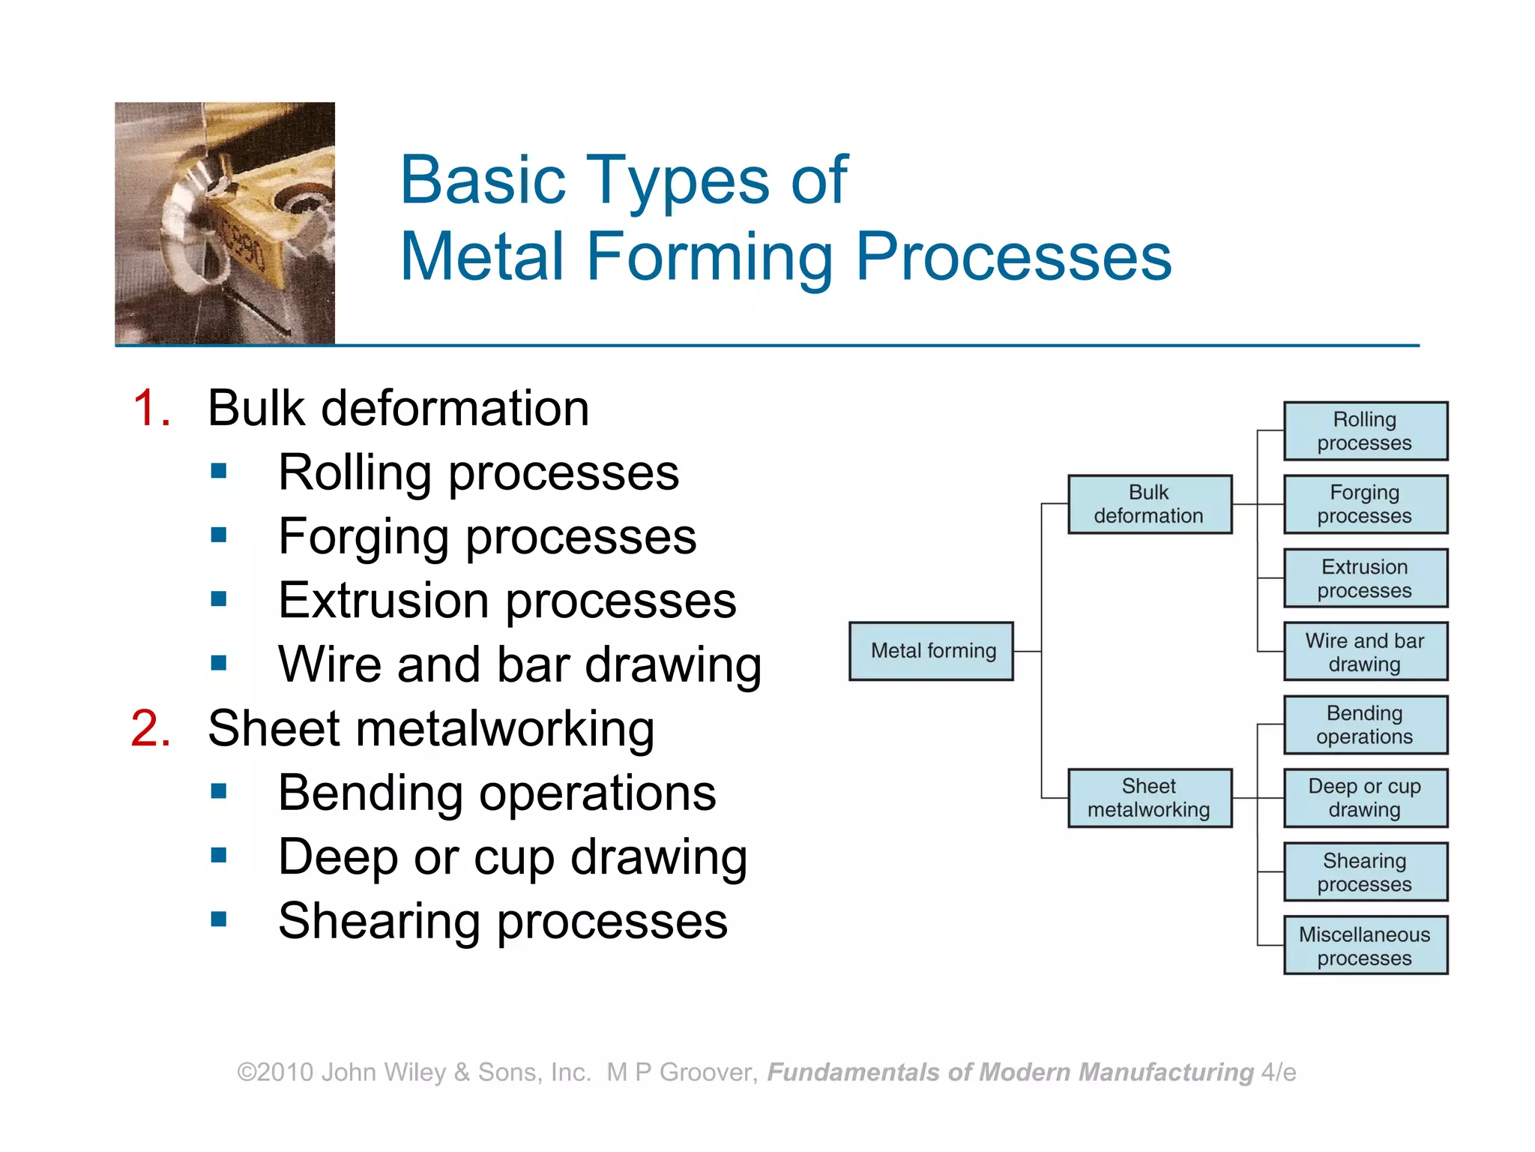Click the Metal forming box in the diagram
[931, 651]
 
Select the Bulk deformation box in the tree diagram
[1149, 504]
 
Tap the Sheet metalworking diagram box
[1149, 798]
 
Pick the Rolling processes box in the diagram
[1365, 431]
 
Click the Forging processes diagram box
[1365, 504]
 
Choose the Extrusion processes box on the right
[1365, 578]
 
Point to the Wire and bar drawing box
[1365, 652]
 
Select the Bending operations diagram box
[1365, 724]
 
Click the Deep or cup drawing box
[1365, 798]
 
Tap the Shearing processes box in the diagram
[1365, 872]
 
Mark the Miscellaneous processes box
[1365, 946]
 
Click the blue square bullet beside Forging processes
[219, 535]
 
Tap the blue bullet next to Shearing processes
[219, 919]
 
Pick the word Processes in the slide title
[1013, 256]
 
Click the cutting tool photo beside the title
[225, 223]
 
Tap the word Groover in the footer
[705, 1072]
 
